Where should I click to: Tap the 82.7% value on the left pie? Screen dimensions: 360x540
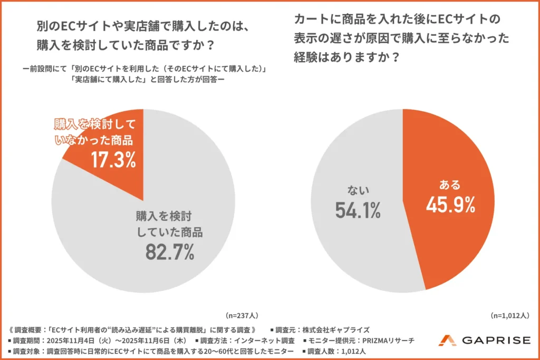(x=170, y=252)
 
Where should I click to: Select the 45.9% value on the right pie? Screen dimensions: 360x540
(x=450, y=205)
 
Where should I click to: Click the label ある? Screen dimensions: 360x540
(x=450, y=185)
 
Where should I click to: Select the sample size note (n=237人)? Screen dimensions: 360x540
(x=242, y=316)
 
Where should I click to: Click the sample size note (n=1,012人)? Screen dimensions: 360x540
(x=509, y=316)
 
